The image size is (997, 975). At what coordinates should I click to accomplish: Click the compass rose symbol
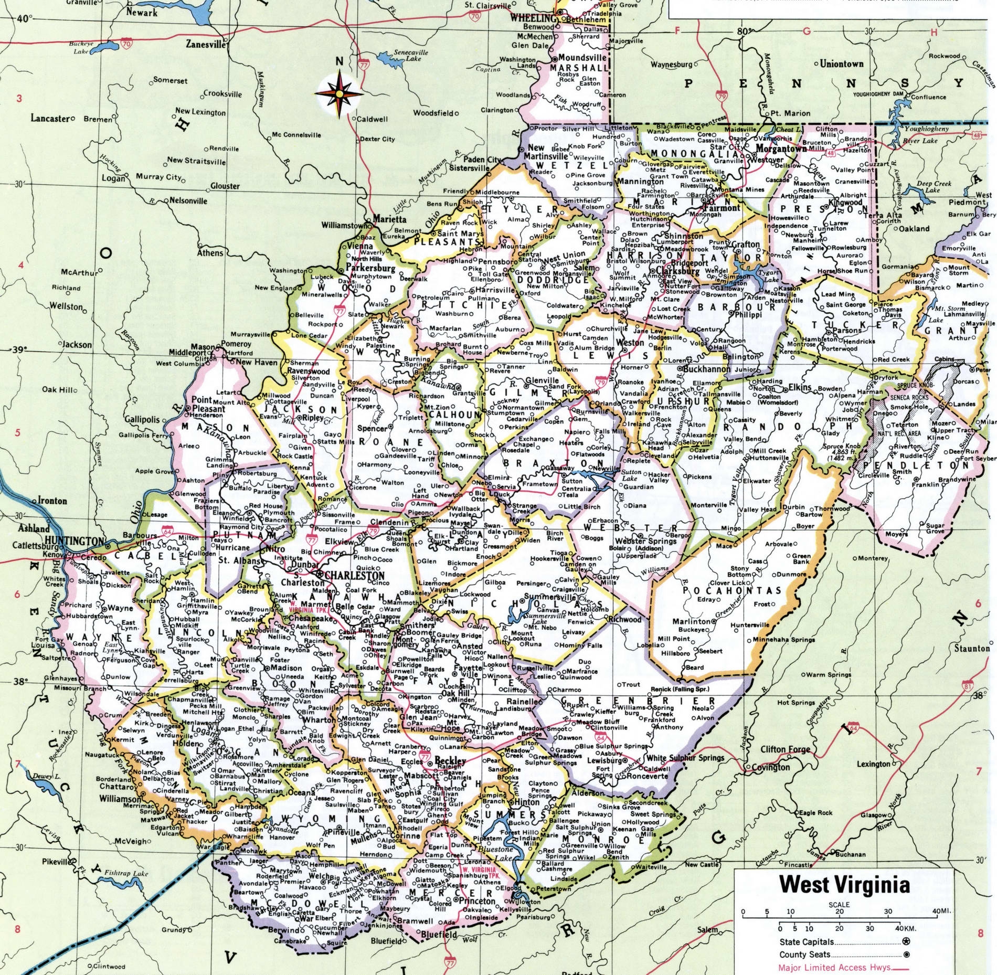click(x=339, y=93)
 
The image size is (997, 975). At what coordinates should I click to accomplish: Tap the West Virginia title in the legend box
click(x=844, y=884)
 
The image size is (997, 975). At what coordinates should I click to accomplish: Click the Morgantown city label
click(x=781, y=149)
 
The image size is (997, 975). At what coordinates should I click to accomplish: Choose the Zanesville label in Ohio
click(x=205, y=45)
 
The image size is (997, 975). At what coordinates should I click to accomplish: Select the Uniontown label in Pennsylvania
click(x=842, y=64)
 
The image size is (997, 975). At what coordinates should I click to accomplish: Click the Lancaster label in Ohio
click(x=50, y=119)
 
